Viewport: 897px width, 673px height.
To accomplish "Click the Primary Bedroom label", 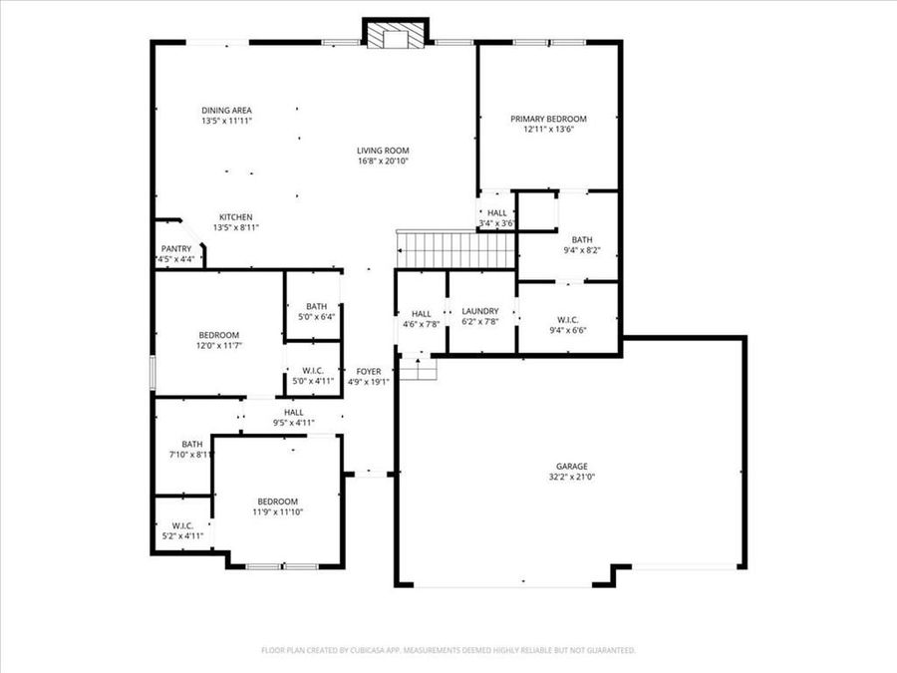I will point(548,119).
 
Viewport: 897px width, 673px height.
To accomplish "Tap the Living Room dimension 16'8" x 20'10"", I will point(384,161).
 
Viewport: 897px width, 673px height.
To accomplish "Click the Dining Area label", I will point(226,110).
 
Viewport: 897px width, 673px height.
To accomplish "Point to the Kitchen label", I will point(236,217).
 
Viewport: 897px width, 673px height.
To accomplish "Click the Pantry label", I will point(175,249).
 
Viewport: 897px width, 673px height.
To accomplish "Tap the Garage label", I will point(571,467).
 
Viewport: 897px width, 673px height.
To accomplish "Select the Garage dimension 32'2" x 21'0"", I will point(571,477).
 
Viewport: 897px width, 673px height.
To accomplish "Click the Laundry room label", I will point(479,311).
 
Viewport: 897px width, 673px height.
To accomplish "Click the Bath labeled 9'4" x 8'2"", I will point(581,240).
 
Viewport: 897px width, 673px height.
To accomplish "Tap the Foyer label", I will point(368,371).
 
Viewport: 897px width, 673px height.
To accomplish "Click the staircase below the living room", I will point(454,245).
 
